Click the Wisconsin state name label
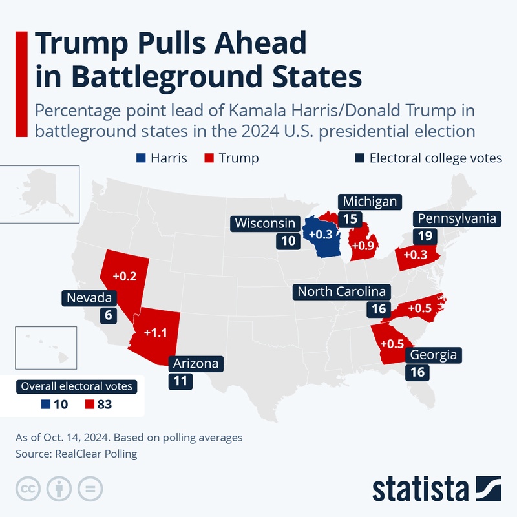pyautogui.click(x=266, y=224)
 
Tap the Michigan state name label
pyautogui.click(x=370, y=202)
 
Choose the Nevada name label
pyautogui.click(x=90, y=298)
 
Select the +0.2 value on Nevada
pyautogui.click(x=124, y=276)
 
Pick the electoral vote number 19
pyautogui.click(x=425, y=236)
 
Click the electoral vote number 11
pyautogui.click(x=180, y=381)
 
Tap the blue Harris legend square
pyautogui.click(x=140, y=158)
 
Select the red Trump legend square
pyautogui.click(x=209, y=158)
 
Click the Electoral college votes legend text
pyautogui.click(x=436, y=158)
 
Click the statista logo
pyautogui.click(x=437, y=489)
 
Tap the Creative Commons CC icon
pyautogui.click(x=27, y=487)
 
